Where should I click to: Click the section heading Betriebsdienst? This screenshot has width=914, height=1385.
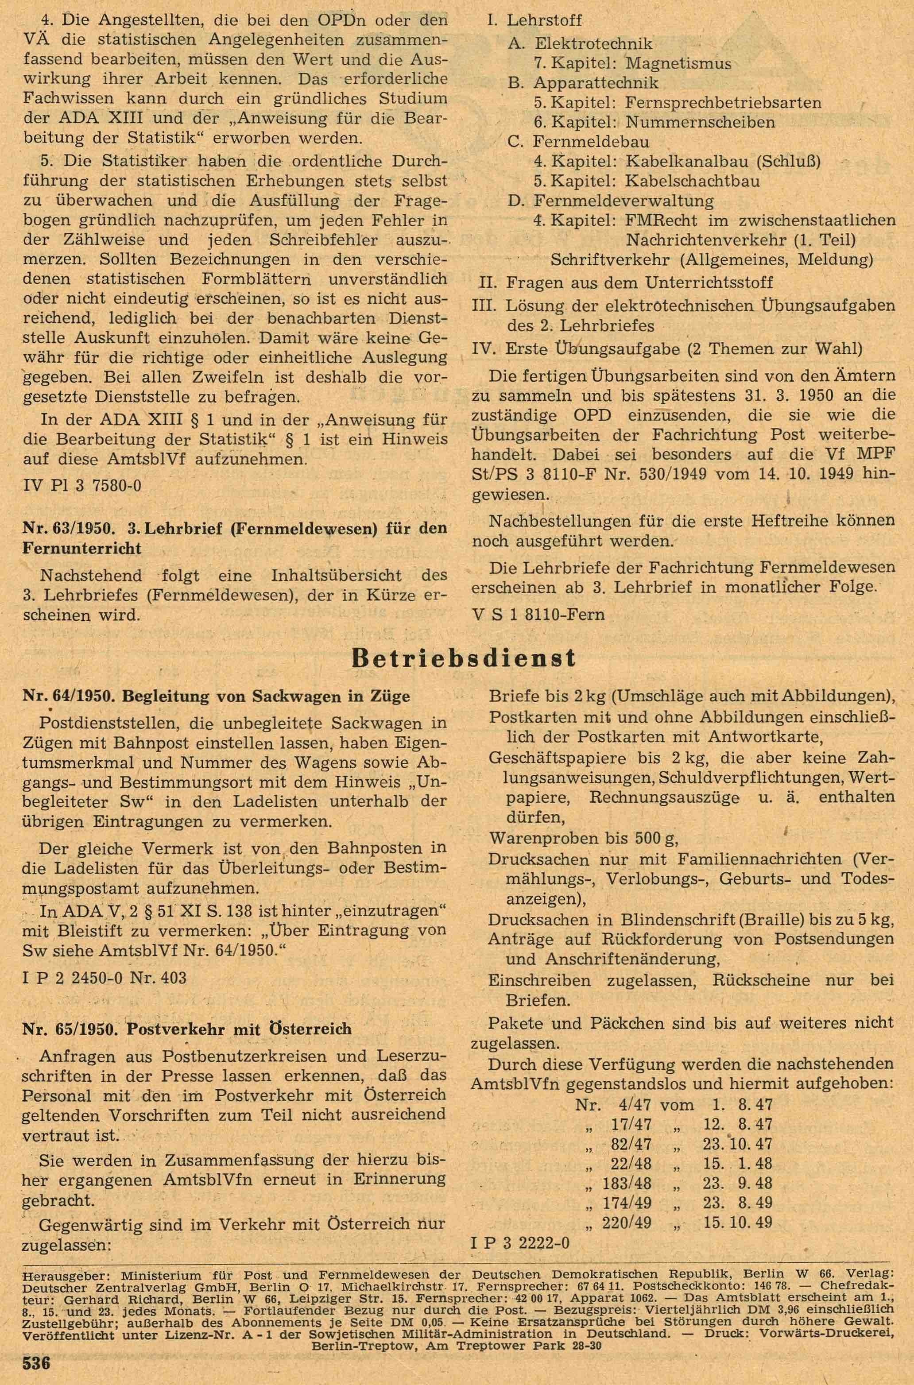464,658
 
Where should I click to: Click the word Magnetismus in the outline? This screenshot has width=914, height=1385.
678,63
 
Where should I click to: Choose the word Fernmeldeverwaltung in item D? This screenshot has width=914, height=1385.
623,201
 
